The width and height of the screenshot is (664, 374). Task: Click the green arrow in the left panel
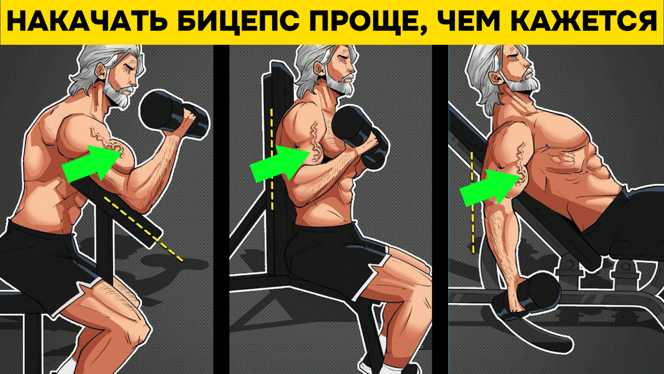coord(92,163)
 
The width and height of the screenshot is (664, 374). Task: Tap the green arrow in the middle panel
coord(280,163)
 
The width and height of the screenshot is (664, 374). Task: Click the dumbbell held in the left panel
coord(174,114)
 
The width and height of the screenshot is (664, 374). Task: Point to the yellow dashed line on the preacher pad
coord(143,228)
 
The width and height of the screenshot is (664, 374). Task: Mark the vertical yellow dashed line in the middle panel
coord(271,160)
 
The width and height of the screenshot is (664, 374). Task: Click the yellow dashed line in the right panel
coord(472,202)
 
